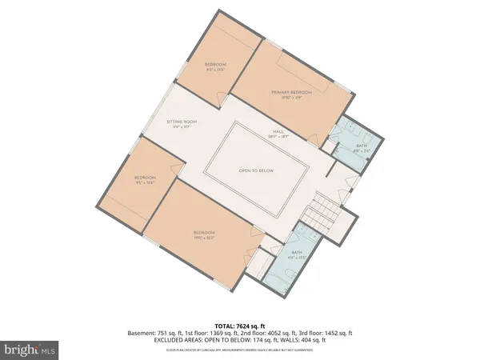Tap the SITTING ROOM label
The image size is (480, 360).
(182, 122)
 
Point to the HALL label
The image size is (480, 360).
(278, 132)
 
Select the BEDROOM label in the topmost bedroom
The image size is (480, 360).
(215, 64)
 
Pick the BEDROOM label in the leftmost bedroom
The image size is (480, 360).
(145, 178)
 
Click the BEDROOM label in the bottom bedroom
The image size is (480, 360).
(205, 233)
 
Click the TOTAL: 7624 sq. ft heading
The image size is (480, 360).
(239, 326)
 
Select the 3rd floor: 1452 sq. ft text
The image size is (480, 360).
(330, 334)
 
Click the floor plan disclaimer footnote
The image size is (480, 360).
(239, 350)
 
